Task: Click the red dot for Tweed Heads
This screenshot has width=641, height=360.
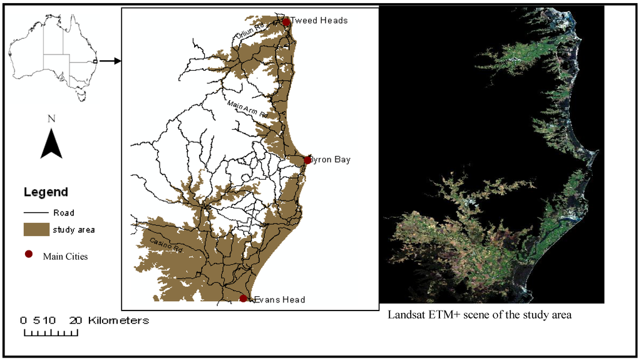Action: pyautogui.click(x=286, y=22)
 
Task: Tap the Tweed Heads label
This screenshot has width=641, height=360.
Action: pyautogui.click(x=319, y=21)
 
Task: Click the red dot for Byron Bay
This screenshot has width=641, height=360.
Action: pyautogui.click(x=307, y=160)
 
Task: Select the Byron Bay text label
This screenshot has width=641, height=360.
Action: pyautogui.click(x=331, y=160)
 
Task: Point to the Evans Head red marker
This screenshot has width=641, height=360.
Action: pyautogui.click(x=244, y=299)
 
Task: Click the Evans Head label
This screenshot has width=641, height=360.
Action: pyautogui.click(x=279, y=300)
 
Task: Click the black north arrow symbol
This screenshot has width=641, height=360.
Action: pyautogui.click(x=51, y=144)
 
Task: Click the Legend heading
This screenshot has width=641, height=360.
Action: pyautogui.click(x=46, y=192)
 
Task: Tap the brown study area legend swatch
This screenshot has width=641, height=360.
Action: pyautogui.click(x=36, y=230)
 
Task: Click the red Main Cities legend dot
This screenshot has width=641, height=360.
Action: pyautogui.click(x=28, y=255)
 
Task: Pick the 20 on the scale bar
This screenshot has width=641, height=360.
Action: pyautogui.click(x=75, y=321)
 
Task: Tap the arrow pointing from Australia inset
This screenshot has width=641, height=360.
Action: pyautogui.click(x=110, y=61)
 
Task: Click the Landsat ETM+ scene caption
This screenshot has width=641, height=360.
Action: pyautogui.click(x=479, y=315)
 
